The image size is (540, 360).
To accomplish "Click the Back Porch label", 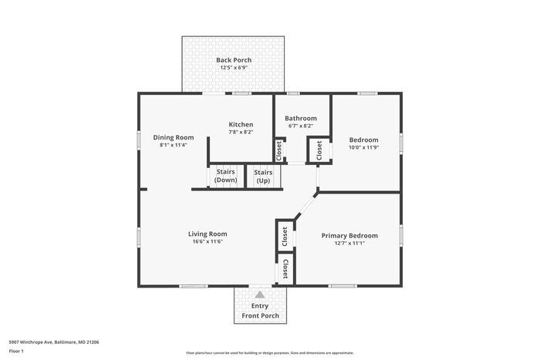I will [x=234, y=60].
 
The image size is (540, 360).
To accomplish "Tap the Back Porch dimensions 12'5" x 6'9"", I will [x=234, y=69].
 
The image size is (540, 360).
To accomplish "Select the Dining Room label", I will [x=174, y=137].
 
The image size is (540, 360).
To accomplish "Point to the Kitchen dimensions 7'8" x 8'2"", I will [x=241, y=132].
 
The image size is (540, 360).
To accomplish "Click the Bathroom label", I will [x=301, y=118].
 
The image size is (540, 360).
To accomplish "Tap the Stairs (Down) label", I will [x=226, y=176].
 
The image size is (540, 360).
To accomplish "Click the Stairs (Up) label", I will [x=263, y=176].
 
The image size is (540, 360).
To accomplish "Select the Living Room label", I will [x=208, y=234].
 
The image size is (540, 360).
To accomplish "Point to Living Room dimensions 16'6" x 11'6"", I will [x=208, y=242].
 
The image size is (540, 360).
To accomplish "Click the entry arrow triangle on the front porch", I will [x=260, y=294].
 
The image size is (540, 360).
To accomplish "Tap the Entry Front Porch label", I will [x=260, y=310].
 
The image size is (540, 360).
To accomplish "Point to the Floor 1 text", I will [x=16, y=352].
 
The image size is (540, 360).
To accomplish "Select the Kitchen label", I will [x=241, y=124].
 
